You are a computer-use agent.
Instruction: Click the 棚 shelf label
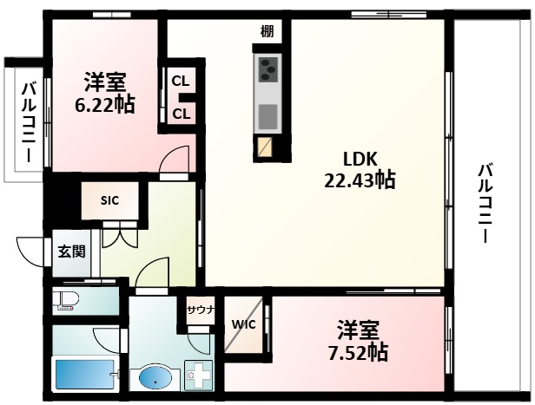[267, 32]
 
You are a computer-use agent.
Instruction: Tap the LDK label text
[358, 160]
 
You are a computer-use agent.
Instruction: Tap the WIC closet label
[242, 326]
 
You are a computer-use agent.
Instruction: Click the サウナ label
[200, 309]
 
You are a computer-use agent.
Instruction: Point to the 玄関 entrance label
[71, 252]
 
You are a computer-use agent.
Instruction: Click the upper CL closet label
[181, 81]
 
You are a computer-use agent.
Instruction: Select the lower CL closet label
[181, 113]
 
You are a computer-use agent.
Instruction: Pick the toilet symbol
[67, 301]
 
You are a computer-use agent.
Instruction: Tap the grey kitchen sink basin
[267, 114]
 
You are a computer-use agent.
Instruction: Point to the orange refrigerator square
[265, 148]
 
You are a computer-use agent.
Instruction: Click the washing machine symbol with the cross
[201, 376]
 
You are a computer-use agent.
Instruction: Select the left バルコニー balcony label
[26, 121]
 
